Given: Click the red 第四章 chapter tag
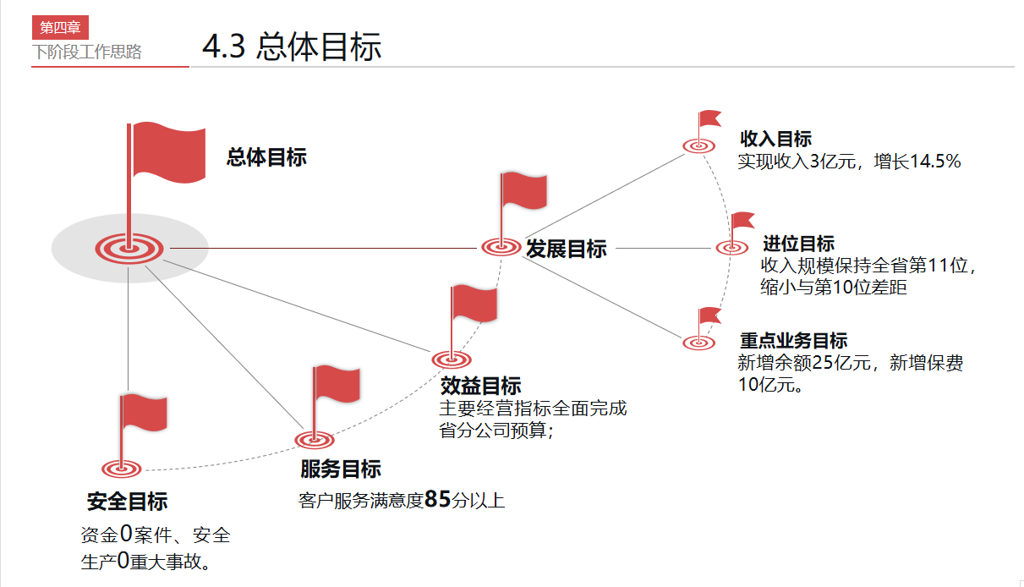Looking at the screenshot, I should pyautogui.click(x=60, y=27).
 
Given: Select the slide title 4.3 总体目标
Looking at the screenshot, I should pyautogui.click(x=292, y=47).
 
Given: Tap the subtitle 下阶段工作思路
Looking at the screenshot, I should pyautogui.click(x=87, y=52).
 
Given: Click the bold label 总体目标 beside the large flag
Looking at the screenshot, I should pyautogui.click(x=266, y=157).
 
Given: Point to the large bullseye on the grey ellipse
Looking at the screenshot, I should pyautogui.click(x=129, y=248).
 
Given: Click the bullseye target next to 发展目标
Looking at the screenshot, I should pyautogui.click(x=501, y=247).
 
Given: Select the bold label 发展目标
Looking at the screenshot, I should pyautogui.click(x=567, y=249).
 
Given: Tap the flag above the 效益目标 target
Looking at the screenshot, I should pyautogui.click(x=473, y=304).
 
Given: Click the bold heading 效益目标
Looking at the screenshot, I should pyautogui.click(x=481, y=386).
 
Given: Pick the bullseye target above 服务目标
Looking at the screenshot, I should pyautogui.click(x=315, y=440).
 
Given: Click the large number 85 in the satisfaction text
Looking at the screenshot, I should pyautogui.click(x=438, y=499).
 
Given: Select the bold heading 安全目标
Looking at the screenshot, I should pyautogui.click(x=127, y=502).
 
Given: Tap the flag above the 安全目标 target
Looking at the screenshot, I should pyautogui.click(x=143, y=414).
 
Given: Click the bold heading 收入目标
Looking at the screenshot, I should pyautogui.click(x=775, y=140).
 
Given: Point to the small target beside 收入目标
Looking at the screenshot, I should pyautogui.click(x=698, y=146).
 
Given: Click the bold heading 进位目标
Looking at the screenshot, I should pyautogui.click(x=798, y=244).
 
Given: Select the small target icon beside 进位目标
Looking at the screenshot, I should pyautogui.click(x=731, y=248).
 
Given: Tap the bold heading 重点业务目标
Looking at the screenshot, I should pyautogui.click(x=793, y=341).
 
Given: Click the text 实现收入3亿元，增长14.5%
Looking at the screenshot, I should pyautogui.click(x=849, y=161).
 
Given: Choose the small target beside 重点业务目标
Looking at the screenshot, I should pyautogui.click(x=698, y=343).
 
